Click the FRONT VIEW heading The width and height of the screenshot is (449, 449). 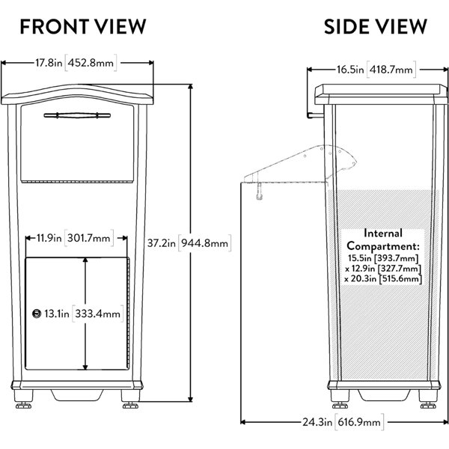(x=82, y=27)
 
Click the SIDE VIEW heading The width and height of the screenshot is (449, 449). (x=375, y=27)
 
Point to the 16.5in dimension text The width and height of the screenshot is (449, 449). (x=349, y=70)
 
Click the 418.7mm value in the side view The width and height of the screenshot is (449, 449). (x=394, y=70)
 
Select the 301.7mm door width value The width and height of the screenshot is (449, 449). (x=94, y=239)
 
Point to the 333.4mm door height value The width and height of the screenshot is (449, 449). (x=103, y=314)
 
